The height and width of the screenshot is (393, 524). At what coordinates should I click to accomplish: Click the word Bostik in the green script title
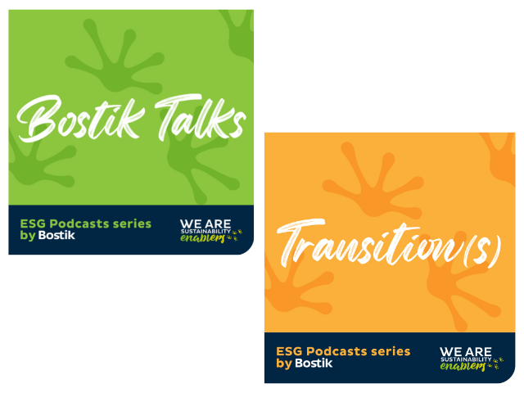pos(80,118)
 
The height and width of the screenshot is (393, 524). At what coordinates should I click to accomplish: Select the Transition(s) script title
pos(390,243)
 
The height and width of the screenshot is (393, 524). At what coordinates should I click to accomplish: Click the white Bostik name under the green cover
pos(56,235)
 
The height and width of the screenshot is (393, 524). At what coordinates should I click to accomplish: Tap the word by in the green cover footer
pos(27,236)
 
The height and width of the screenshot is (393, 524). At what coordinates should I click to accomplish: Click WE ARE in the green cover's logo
pos(206,224)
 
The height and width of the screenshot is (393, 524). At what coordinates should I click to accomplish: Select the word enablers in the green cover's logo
pos(202,238)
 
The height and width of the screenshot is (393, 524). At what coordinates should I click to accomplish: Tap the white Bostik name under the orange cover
pos(314,363)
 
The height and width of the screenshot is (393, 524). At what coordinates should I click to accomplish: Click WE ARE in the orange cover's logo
pos(466,351)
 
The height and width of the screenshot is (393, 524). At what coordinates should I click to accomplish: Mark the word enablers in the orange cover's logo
pos(463,366)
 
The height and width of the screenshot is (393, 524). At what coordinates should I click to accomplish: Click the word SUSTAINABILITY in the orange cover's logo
pos(466,359)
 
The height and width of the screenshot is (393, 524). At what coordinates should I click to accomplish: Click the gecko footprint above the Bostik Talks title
pos(114,56)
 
